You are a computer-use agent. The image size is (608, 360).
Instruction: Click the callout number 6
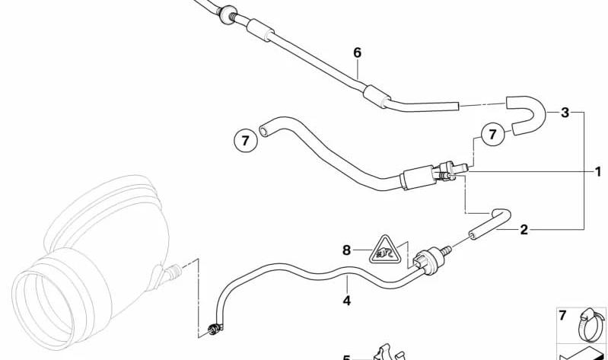coord(357,53)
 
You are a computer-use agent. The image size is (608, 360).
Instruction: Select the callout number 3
coord(565,113)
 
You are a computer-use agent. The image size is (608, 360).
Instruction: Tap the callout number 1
coord(598,171)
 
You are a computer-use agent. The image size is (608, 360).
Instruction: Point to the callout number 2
coord(524,230)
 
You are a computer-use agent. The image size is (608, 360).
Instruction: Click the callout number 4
coord(347,301)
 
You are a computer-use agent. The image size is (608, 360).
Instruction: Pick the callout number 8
coord(346,250)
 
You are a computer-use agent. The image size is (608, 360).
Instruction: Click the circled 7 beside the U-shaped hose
coord(492,135)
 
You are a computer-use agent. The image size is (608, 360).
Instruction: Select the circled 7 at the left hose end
coord(246,141)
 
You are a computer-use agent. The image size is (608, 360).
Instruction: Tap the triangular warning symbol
coord(384,250)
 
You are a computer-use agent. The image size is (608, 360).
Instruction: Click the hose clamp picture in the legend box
coord(590,326)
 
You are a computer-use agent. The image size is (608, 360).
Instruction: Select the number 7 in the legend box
coord(563,315)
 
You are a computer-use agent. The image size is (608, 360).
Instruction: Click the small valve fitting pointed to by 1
coord(452,170)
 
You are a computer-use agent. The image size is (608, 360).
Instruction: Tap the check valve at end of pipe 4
coord(431,259)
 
